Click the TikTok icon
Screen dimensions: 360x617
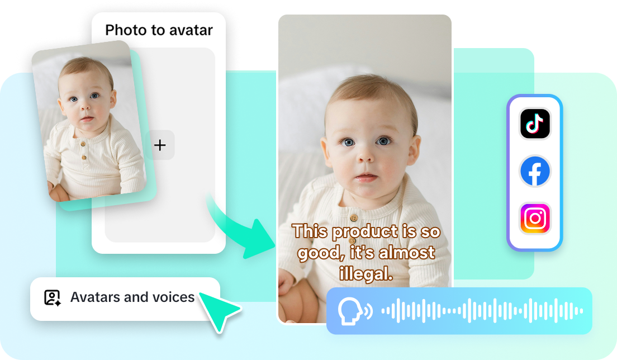click(x=535, y=124)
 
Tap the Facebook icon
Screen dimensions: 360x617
click(x=535, y=171)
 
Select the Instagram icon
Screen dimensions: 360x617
click(x=535, y=219)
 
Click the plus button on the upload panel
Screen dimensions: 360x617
click(x=160, y=145)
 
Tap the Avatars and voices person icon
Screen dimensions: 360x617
click(x=53, y=297)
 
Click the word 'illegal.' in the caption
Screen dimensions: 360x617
click(x=366, y=273)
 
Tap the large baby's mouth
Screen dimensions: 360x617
click(x=367, y=178)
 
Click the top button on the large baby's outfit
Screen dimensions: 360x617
click(x=353, y=217)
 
